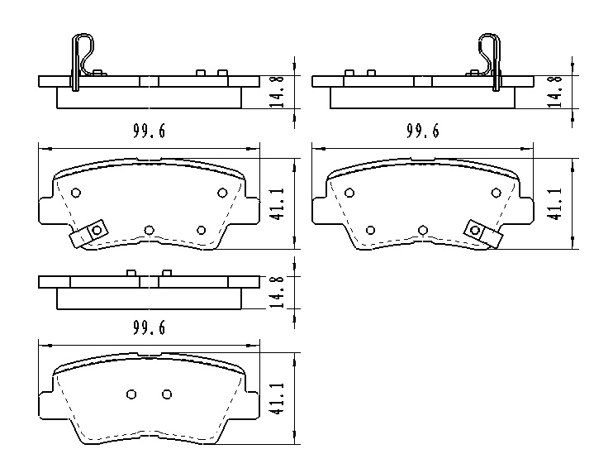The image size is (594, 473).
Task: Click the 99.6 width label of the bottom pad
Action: [150, 328]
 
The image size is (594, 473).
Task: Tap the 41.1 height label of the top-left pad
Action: [278, 203]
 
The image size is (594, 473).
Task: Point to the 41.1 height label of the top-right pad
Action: [555, 203]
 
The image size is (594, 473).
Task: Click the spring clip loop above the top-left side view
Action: [81, 51]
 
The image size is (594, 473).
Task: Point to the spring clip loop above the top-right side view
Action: [490, 51]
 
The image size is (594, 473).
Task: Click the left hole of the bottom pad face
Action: [131, 394]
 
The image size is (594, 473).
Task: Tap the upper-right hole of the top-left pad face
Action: [222, 193]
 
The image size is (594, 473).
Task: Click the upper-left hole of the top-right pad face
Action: [349, 193]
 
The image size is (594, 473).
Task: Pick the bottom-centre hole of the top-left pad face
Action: [150, 229]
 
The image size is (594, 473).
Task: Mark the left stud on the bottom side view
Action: [131, 273]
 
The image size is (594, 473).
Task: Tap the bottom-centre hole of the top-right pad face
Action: [422, 229]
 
